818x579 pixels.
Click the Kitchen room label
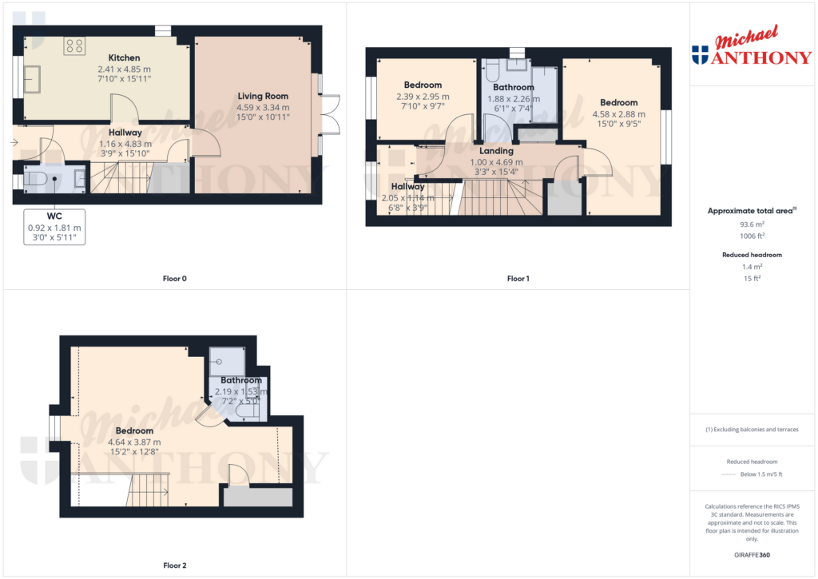coord(124,58)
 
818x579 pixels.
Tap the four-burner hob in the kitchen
coord(74,46)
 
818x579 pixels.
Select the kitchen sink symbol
coord(32,79)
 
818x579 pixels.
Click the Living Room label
coord(263,96)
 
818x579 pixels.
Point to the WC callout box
coord(54,227)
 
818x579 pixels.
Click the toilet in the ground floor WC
coord(35,179)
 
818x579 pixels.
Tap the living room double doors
coord(330,113)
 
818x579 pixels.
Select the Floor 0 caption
coord(175,279)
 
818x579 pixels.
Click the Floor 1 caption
coord(518,279)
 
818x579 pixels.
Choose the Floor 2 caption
coord(175,565)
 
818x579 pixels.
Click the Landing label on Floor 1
coord(496,151)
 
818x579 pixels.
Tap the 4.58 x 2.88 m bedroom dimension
coord(619,114)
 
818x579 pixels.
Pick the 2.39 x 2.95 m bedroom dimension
coord(423,97)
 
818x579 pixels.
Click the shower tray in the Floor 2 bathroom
coord(227,362)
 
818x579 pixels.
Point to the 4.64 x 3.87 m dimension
coord(134,442)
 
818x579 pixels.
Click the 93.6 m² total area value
coord(752,224)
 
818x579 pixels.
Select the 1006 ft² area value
coord(752,236)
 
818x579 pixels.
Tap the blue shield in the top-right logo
coord(700,55)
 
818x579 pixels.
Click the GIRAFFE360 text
coord(752,555)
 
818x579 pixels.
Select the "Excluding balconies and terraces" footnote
coord(752,430)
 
